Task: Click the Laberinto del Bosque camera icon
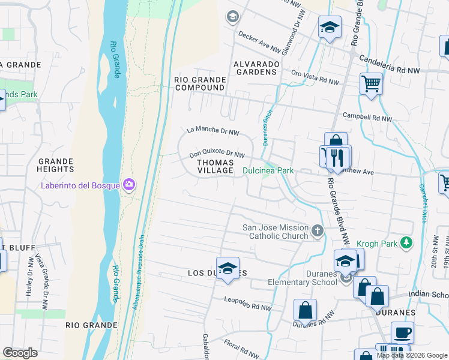click(128, 184)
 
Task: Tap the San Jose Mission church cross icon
click(318, 230)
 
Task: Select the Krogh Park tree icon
click(407, 242)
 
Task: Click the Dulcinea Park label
click(268, 171)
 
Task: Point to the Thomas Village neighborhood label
click(215, 166)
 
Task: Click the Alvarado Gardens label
click(256, 68)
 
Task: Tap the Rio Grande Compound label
click(199, 83)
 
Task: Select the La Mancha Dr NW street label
click(212, 130)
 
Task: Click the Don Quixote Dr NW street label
click(217, 154)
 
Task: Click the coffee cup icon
click(402, 332)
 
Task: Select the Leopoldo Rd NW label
click(247, 303)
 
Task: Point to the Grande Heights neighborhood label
click(55, 166)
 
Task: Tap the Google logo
click(20, 353)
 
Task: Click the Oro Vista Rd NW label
click(315, 76)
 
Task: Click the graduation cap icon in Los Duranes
click(228, 268)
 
